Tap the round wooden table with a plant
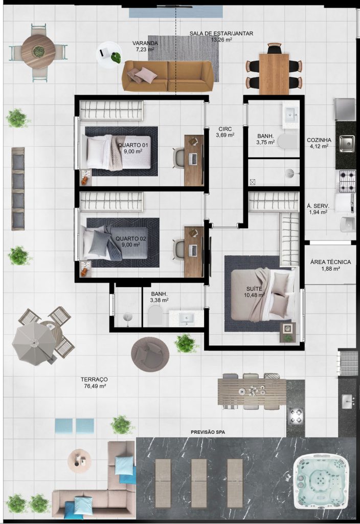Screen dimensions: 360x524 tap(38, 52)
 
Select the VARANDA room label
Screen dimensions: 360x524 tap(145, 43)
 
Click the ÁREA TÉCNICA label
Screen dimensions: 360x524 tap(331, 262)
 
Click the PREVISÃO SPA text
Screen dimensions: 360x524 tap(208, 432)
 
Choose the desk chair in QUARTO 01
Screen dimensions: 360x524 tap(179, 157)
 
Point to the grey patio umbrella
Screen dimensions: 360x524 tap(34, 343)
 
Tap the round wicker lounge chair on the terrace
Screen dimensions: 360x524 tap(150, 354)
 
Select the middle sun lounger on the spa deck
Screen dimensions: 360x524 tap(199, 479)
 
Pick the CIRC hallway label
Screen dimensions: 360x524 tap(225, 129)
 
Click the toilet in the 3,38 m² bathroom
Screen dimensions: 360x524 tap(154, 316)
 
